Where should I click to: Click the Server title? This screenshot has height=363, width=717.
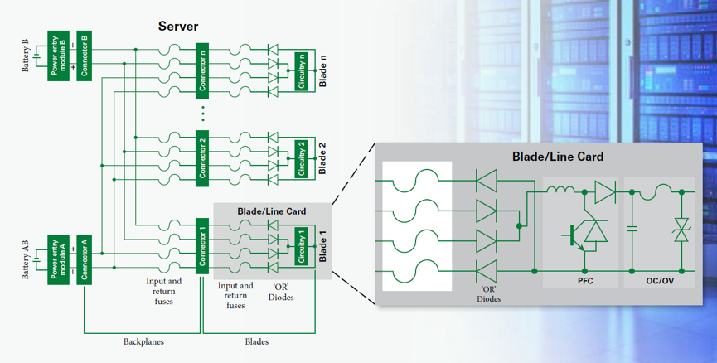[178, 26]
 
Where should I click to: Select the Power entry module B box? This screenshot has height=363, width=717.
[58, 56]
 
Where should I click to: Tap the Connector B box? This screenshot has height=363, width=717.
[85, 56]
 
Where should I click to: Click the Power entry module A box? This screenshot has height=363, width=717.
[58, 259]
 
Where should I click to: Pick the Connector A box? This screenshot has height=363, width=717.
[85, 259]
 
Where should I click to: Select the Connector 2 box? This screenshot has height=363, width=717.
[202, 158]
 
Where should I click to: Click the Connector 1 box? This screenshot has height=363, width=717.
[202, 246]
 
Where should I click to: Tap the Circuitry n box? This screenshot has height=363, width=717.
[302, 71]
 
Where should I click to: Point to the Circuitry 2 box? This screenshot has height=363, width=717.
[302, 158]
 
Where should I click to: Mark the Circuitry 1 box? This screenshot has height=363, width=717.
[302, 246]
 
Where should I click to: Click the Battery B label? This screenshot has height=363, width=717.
[25, 56]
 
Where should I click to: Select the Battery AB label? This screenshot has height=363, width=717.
[25, 259]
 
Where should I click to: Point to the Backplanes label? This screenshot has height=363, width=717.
[143, 341]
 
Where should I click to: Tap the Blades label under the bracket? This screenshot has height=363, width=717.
[256, 341]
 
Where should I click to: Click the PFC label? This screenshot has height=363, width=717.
[585, 281]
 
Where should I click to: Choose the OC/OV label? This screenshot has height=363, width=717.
[660, 281]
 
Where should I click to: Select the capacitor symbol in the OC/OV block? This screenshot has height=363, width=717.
[632, 229]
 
